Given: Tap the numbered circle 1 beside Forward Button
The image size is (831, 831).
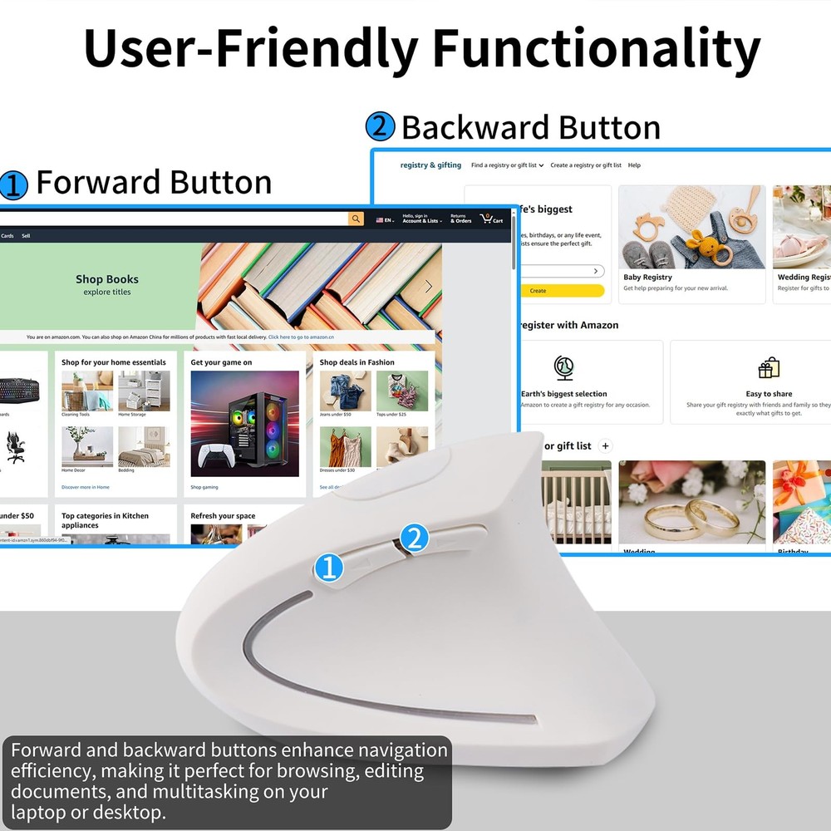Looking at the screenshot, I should [13, 184].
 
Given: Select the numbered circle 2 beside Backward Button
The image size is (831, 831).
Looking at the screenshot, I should [380, 127].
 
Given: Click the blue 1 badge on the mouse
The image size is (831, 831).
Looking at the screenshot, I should [329, 568].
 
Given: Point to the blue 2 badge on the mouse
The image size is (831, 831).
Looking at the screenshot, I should [414, 538].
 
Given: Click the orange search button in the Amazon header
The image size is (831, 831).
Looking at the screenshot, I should [356, 219].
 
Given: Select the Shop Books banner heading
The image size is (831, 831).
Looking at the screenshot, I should [107, 280].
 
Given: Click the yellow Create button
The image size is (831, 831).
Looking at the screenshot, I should [538, 291].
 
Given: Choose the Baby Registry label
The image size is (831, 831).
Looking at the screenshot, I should [648, 278].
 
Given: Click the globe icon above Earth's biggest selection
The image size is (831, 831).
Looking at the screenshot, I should [564, 368].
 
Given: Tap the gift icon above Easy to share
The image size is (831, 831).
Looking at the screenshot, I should [769, 368].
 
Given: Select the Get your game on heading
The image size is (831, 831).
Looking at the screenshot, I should [221, 362].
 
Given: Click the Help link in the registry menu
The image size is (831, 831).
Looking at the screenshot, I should [634, 165].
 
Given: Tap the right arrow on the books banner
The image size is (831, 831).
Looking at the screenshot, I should [429, 287].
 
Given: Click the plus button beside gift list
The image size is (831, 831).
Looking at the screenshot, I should [605, 446].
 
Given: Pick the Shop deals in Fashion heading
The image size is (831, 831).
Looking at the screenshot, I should [357, 362].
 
